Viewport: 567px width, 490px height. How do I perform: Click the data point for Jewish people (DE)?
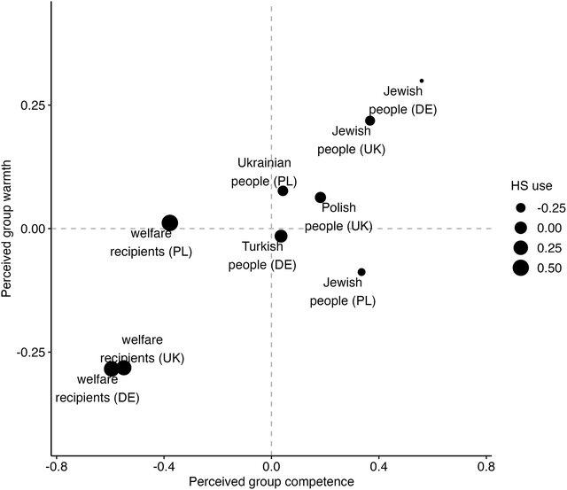(x=422, y=81)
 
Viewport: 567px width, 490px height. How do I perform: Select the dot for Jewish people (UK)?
(x=370, y=121)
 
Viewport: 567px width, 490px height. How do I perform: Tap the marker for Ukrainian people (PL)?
(x=283, y=191)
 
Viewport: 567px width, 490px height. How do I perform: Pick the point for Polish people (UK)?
(x=321, y=198)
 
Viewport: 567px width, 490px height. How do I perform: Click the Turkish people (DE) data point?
(x=281, y=236)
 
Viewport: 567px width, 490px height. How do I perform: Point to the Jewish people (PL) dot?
(x=361, y=272)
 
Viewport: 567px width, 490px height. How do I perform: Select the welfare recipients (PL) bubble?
(x=170, y=223)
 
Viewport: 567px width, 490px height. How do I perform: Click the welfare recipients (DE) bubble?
(x=111, y=369)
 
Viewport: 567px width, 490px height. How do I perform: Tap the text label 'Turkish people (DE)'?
(x=261, y=254)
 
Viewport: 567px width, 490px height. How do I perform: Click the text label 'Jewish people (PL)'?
(x=343, y=292)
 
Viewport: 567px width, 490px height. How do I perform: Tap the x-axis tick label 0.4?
(x=379, y=465)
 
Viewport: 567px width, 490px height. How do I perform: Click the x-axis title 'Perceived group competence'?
(x=271, y=481)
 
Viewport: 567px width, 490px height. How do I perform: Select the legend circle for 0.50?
(x=520, y=268)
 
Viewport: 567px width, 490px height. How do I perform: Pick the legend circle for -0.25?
(x=520, y=207)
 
